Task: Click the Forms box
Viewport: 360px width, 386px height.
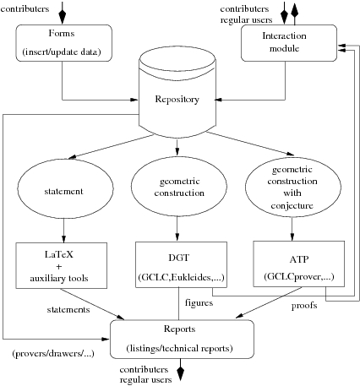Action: [x=63, y=43]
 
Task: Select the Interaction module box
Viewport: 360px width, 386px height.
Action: [x=289, y=43]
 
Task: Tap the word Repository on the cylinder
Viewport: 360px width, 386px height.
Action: [x=177, y=99]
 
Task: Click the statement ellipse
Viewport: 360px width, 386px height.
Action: [x=65, y=188]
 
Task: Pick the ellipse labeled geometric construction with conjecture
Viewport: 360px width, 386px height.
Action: [x=293, y=188]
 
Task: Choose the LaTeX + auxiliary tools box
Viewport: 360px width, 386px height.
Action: [x=62, y=265]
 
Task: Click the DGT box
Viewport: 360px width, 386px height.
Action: [x=181, y=264]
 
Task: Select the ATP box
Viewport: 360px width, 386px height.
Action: [x=299, y=264]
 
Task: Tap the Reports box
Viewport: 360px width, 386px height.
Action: [x=182, y=339]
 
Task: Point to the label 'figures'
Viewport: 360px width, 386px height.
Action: [x=199, y=303]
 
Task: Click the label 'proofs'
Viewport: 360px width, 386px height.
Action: [x=304, y=306]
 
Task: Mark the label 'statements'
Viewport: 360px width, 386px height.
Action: [x=68, y=310]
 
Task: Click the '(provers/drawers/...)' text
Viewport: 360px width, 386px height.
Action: [x=53, y=354]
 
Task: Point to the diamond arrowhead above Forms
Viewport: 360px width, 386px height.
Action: [x=63, y=16]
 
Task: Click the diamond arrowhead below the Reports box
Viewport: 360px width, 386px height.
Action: [x=181, y=372]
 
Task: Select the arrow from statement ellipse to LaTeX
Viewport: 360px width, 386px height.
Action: [x=63, y=231]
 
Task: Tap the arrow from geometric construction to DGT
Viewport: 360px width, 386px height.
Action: [x=177, y=229]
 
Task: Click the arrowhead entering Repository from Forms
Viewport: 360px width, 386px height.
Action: [x=134, y=100]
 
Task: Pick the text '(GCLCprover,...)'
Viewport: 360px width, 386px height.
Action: [x=299, y=277]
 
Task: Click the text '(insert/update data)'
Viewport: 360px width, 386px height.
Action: [x=62, y=52]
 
